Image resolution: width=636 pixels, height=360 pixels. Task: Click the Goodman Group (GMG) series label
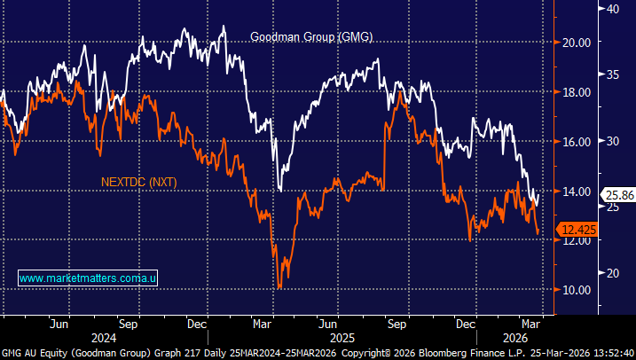311,37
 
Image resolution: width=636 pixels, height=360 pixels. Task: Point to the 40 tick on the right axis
611,8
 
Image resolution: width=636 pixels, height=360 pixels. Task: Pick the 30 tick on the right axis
611,140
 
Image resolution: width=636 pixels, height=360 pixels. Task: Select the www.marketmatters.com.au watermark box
88,278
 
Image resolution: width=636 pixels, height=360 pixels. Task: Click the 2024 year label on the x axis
104,338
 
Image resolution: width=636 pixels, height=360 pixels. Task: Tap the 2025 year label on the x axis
342,338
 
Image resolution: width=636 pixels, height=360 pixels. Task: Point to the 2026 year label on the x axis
516,338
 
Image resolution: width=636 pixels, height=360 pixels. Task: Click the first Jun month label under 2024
60,323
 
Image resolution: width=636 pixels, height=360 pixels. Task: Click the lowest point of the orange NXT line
279,288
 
